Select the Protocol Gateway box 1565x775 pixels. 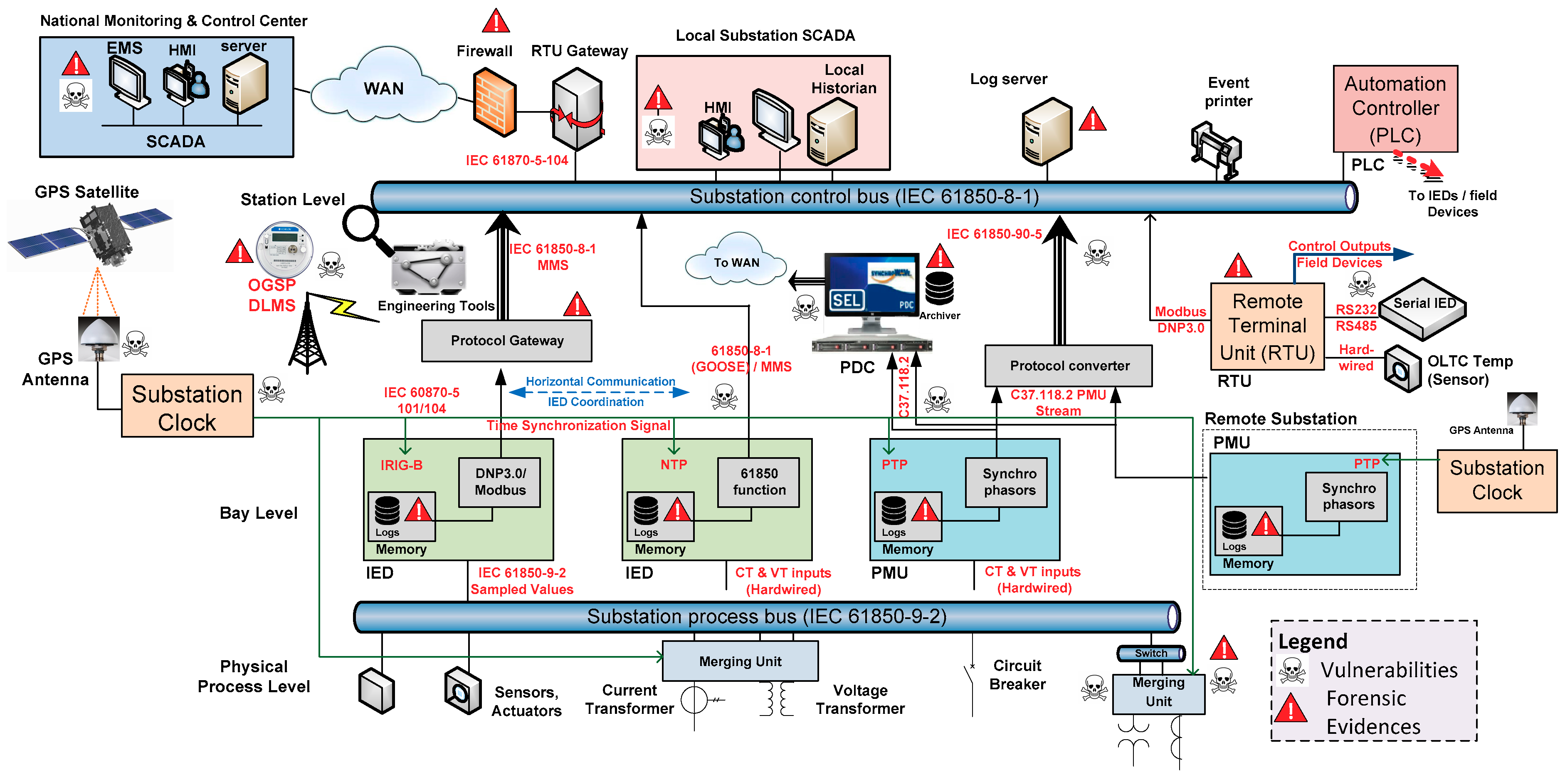507,340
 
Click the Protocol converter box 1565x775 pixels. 1069,365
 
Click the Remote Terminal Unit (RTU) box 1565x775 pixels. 1267,327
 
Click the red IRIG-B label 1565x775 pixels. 401,465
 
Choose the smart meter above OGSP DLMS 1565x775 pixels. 284,249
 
